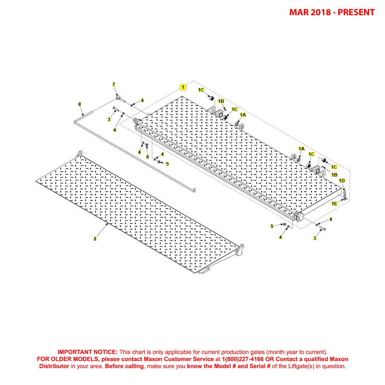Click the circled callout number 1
coord(183,87)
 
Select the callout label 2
coord(95,239)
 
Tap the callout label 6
coord(148,157)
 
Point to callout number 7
coord(114,85)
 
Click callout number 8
coord(79,104)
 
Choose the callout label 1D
coord(341,181)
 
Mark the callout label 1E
coord(334,203)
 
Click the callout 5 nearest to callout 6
coord(168,164)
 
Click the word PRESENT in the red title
coord(356,12)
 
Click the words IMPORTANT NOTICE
coord(87,351)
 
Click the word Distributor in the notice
coord(54,366)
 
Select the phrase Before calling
coord(124,366)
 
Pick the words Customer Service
coord(190,359)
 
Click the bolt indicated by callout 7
coord(120,99)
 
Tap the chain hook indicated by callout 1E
coord(345,200)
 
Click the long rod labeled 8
coord(136,152)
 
